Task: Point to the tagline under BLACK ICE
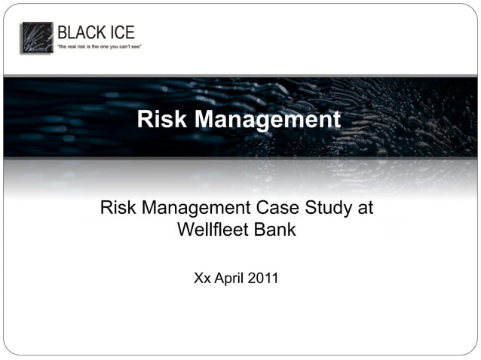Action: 99,47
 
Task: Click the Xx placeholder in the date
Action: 202,278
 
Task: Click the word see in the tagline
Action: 136,47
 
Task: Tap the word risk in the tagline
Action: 84,47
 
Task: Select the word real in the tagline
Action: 75,47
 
